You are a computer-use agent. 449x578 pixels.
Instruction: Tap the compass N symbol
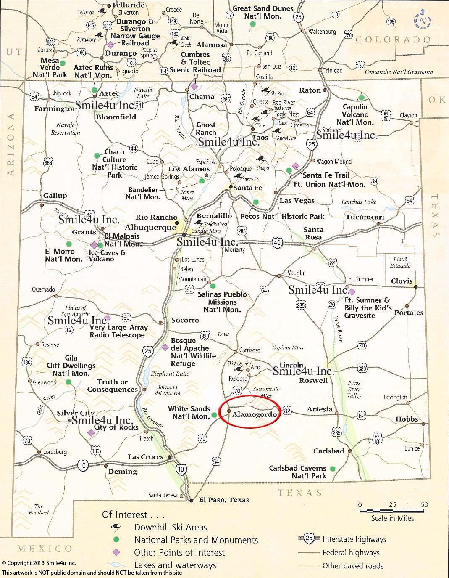click(x=423, y=21)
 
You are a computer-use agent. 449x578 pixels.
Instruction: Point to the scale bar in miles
click(x=392, y=511)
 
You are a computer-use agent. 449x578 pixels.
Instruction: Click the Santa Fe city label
click(x=248, y=188)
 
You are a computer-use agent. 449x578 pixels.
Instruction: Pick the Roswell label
click(x=313, y=380)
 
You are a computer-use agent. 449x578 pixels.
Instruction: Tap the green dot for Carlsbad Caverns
click(x=333, y=469)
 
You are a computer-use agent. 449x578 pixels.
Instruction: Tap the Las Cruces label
click(x=145, y=457)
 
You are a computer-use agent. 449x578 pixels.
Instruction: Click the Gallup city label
click(x=55, y=196)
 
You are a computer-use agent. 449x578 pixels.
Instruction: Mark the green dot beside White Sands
click(x=214, y=415)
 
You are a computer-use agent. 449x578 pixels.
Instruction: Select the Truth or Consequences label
click(x=112, y=386)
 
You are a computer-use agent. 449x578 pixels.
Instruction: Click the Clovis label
click(x=402, y=281)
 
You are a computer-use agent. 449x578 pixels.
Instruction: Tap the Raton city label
click(x=310, y=90)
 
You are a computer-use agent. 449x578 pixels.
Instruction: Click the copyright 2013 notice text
click(x=40, y=563)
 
